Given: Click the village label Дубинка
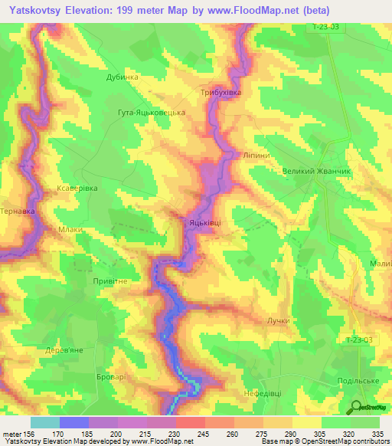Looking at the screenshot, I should pos(122,77).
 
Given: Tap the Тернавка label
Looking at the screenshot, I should pos(15,209).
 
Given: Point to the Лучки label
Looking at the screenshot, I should pos(279,320).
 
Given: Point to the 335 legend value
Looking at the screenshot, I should pos(377,434).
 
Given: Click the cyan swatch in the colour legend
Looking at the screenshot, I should pos(44,422).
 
